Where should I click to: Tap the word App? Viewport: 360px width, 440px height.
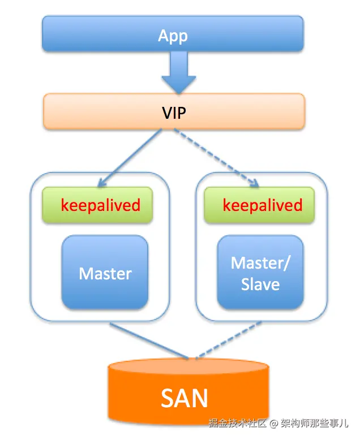[173, 36]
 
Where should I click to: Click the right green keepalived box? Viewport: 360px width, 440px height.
[262, 205]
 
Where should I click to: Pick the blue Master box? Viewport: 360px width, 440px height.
[105, 273]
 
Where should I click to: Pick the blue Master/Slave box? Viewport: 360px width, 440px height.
[260, 273]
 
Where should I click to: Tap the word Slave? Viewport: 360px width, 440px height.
[260, 284]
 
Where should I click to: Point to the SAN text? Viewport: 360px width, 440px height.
[185, 398]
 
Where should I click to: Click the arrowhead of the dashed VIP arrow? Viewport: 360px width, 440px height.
[255, 183]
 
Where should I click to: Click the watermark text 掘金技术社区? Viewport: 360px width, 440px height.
[238, 423]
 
